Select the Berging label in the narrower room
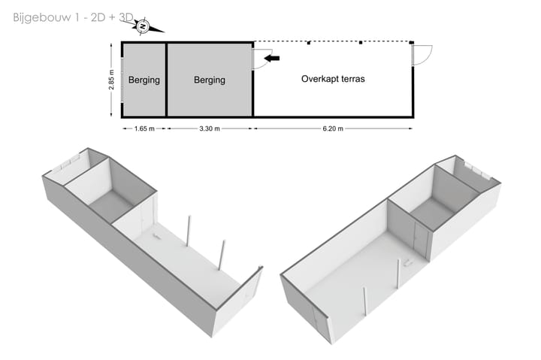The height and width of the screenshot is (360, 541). tap(144, 80)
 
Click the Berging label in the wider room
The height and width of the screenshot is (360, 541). tap(209, 80)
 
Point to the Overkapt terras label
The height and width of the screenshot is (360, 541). tap(333, 78)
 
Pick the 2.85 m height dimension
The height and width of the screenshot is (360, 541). tap(111, 80)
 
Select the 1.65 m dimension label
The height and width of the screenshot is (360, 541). tap(144, 129)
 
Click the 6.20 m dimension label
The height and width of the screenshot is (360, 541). tap(333, 129)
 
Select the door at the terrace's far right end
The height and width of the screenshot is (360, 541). tap(421, 53)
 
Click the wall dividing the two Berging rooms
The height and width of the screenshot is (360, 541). tap(166, 80)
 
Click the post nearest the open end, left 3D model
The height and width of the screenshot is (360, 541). tap(222, 254)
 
